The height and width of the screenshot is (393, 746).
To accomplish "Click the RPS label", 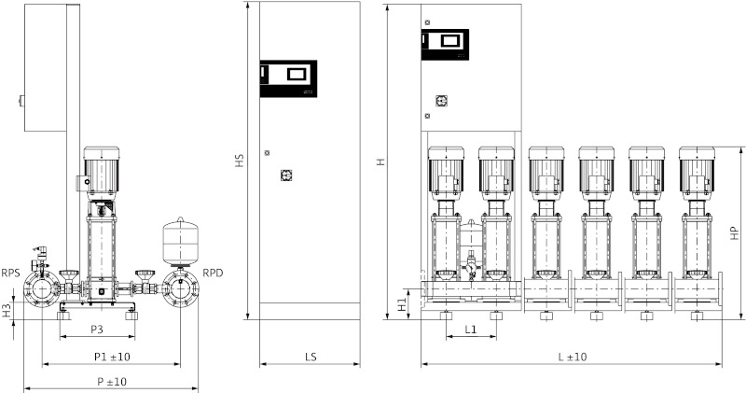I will pos(11,274).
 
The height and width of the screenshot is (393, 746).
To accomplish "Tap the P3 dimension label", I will pos(96,330).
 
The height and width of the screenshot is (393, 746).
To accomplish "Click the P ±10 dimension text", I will pos(111,381).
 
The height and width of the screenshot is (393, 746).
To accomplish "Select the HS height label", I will pos(240,161).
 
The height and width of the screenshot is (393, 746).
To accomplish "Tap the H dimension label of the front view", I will pos(380,161).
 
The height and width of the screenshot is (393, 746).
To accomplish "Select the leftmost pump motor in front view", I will pos(445,170).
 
